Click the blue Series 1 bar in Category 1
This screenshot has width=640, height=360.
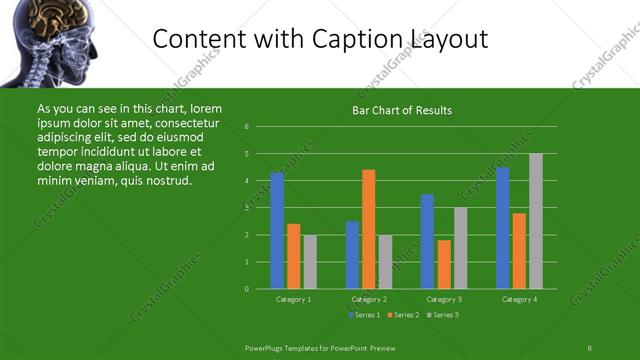(277, 231)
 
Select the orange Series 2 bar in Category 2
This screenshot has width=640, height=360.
(369, 229)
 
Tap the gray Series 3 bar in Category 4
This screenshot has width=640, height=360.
(536, 221)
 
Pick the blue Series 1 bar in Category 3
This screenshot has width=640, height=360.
(428, 241)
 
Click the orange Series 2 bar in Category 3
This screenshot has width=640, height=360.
(444, 264)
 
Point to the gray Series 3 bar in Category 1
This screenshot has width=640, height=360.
(310, 262)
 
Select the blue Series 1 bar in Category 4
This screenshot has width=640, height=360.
(503, 228)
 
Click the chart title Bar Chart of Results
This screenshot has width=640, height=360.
(402, 111)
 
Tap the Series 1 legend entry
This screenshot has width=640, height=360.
(364, 315)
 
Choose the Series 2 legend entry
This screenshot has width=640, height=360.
(403, 315)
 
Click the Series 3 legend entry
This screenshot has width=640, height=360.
(442, 315)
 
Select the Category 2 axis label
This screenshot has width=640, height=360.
(369, 299)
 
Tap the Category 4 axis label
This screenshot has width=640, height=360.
(519, 299)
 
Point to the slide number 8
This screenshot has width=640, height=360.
(589, 347)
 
